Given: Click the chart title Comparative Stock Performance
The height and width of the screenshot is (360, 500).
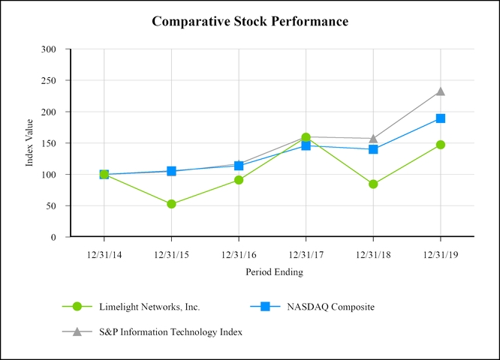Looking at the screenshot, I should click(250, 21).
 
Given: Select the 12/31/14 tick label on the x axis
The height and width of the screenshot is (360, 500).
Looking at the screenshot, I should click(104, 254).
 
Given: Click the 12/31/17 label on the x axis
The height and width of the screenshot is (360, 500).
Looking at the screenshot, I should click(306, 254).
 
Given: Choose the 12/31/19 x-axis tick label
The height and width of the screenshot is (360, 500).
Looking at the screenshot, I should click(440, 254).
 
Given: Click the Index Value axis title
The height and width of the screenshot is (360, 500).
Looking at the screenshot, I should click(30, 142).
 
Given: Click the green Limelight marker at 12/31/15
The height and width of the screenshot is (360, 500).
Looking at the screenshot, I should click(171, 204).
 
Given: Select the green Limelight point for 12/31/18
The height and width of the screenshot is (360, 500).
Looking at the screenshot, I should click(373, 184).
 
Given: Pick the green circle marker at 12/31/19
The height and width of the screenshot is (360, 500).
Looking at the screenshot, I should click(441, 145).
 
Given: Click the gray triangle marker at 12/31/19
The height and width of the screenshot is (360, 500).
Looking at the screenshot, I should click(441, 91).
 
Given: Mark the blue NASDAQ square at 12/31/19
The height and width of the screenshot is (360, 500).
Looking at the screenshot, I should click(441, 118).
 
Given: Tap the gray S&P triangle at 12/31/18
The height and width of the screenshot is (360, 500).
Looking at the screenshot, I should click(373, 138).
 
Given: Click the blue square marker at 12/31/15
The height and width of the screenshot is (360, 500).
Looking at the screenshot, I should click(171, 171).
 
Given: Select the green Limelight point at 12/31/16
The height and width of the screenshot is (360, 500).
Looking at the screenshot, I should click(239, 180).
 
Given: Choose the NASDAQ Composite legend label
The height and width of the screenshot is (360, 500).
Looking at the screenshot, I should click(331, 307).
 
